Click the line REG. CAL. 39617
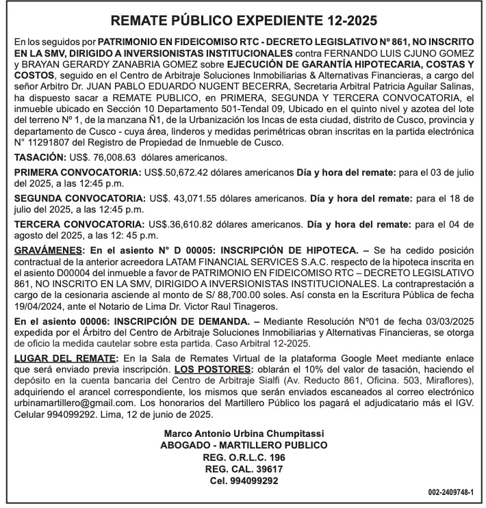click(x=242, y=469)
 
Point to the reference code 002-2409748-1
click(x=455, y=492)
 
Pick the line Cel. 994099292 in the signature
click(x=242, y=481)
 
